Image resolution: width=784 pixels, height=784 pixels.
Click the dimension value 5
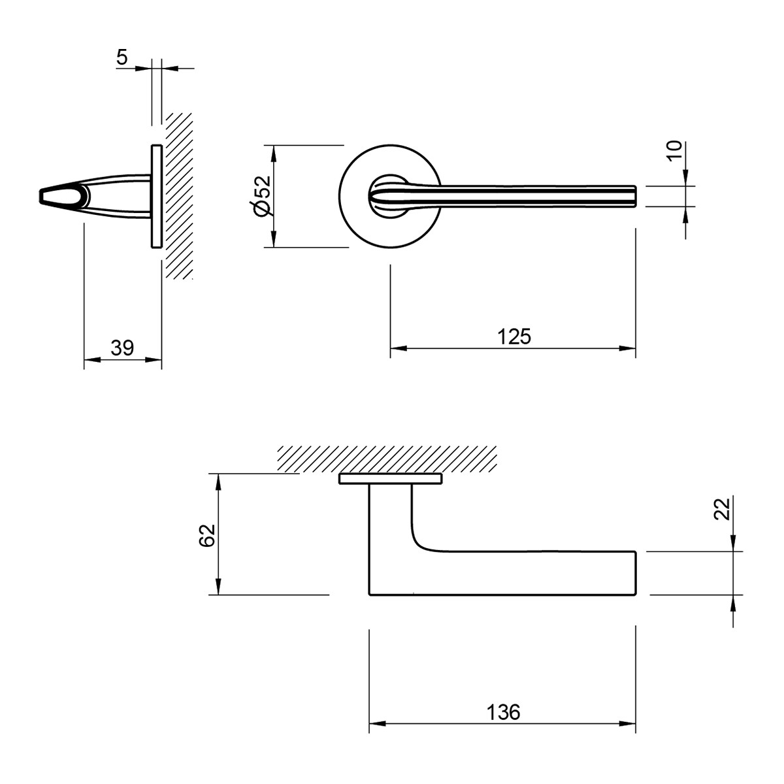click(x=122, y=57)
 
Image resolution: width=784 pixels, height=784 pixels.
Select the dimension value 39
click(x=122, y=348)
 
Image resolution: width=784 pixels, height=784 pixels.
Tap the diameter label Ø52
click(x=262, y=196)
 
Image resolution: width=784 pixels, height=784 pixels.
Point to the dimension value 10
click(x=674, y=151)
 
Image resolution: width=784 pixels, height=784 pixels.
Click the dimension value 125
click(x=514, y=336)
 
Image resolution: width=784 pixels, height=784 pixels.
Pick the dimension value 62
click(x=207, y=536)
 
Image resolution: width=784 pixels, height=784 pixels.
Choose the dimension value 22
click(x=722, y=509)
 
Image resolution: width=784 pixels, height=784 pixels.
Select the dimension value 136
click(x=503, y=712)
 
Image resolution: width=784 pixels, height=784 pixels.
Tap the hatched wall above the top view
click(x=387, y=459)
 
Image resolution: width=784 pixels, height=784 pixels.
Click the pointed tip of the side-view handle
click(x=41, y=196)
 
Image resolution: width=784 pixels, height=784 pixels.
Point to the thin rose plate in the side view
click(x=157, y=196)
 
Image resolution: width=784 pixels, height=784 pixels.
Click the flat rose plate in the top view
click(x=391, y=480)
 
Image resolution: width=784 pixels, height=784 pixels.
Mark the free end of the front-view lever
click(x=635, y=197)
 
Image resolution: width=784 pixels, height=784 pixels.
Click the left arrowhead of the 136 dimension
click(x=377, y=724)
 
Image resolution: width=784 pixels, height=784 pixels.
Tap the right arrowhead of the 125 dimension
click(x=627, y=348)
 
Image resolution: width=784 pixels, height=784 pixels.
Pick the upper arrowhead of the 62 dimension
click(x=218, y=482)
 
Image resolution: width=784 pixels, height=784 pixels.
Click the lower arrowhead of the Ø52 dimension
click(x=273, y=239)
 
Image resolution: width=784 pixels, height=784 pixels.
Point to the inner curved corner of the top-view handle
click(x=419, y=543)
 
